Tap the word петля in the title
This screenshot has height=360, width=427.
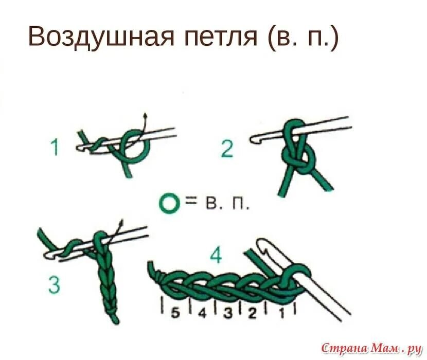[221, 38]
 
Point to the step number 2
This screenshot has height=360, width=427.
[227, 149]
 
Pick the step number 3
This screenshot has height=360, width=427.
[54, 284]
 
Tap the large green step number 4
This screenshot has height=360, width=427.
[216, 256]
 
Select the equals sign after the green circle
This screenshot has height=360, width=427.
[191, 202]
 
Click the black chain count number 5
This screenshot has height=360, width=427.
[175, 313]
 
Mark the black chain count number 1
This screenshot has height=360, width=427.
[282, 314]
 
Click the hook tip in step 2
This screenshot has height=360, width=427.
[253, 139]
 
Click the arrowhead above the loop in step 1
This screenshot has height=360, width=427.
[146, 116]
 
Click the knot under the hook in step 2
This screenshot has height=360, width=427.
[298, 156]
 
